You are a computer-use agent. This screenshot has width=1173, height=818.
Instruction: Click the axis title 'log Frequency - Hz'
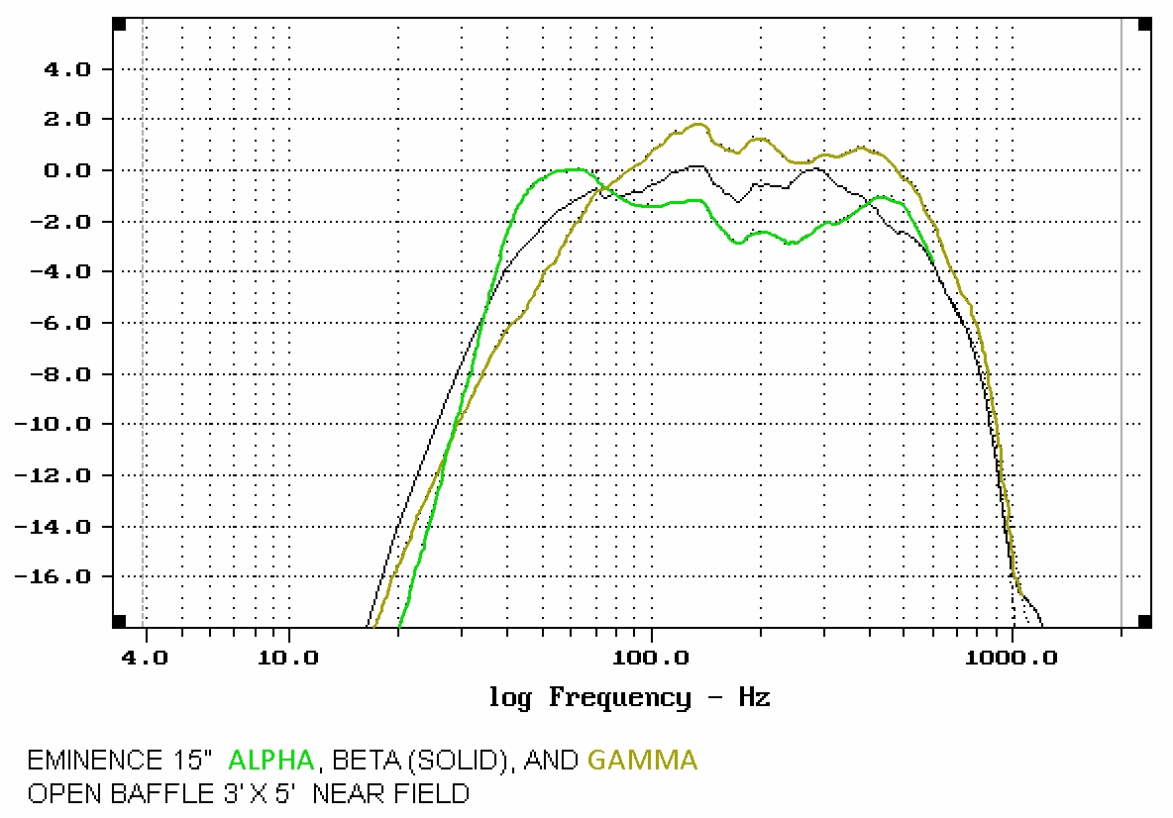(x=629, y=697)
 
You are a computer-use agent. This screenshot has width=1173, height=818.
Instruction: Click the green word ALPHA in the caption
(x=271, y=761)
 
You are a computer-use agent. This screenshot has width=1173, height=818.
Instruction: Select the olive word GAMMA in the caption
(x=642, y=761)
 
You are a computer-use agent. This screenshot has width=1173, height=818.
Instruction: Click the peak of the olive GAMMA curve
(x=698, y=125)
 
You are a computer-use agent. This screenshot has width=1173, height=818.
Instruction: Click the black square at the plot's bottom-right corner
(x=1144, y=621)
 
